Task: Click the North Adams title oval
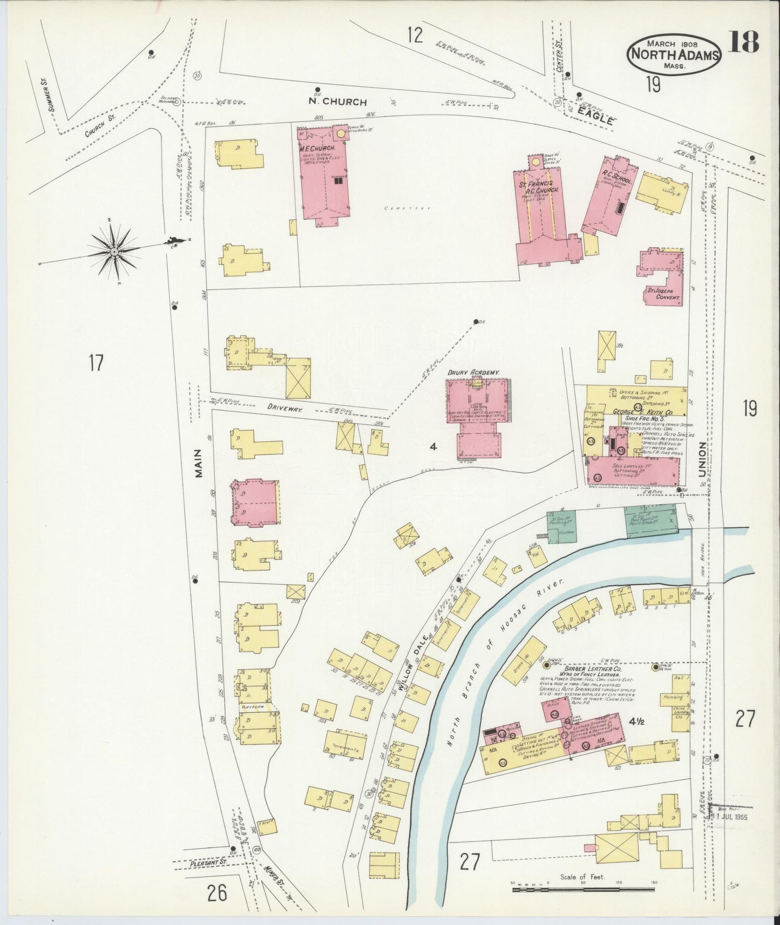pos(674,54)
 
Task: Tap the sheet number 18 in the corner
pos(744,42)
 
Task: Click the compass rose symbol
pos(114,251)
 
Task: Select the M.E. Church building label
pos(318,147)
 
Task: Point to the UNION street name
pos(702,459)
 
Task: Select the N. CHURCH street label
pos(337,101)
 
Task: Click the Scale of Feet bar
pos(583,887)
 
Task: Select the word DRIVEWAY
pos(287,410)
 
